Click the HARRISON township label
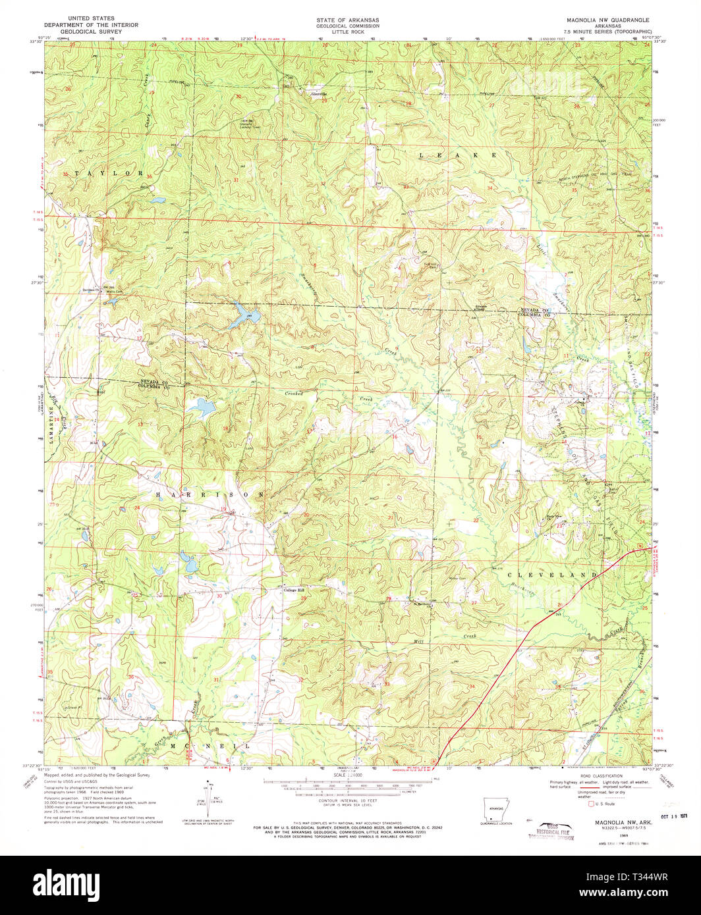[x=210, y=494]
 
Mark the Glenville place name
[x=319, y=93]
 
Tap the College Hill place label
[x=294, y=590]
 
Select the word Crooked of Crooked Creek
[x=294, y=393]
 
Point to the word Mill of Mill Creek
[x=418, y=640]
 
